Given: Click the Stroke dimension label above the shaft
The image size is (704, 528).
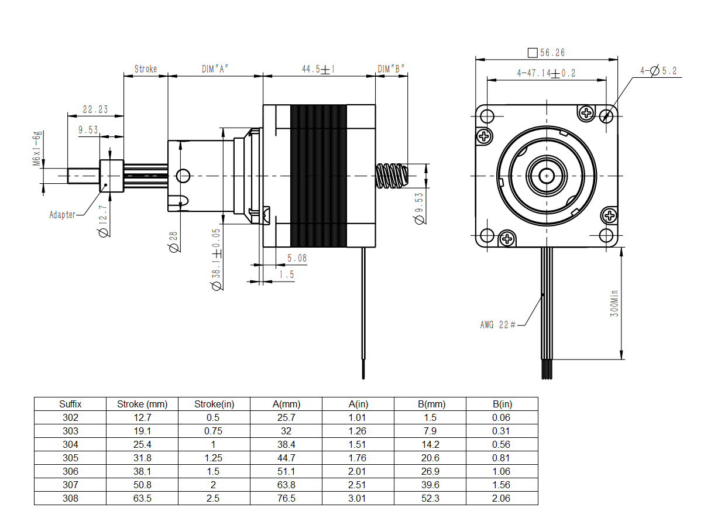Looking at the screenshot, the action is (145, 69).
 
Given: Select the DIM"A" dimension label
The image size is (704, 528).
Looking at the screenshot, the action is (215, 69).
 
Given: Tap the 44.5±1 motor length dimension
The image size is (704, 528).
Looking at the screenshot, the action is (318, 69).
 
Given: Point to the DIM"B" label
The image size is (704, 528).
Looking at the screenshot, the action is (391, 69).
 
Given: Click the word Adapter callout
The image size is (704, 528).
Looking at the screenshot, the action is (62, 215).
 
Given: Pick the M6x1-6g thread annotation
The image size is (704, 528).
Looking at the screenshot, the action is (37, 148).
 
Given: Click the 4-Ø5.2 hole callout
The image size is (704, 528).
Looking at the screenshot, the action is (658, 71).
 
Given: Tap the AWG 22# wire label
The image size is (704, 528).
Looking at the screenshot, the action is (497, 325).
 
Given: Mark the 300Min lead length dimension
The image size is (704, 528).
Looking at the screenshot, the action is (614, 303).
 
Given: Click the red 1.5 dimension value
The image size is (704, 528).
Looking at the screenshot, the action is (286, 275).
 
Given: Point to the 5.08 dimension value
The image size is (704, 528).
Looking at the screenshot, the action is (297, 258).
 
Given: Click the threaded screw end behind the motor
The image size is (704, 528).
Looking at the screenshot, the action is (392, 176).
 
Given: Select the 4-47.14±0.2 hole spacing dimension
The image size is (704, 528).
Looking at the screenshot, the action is (546, 73).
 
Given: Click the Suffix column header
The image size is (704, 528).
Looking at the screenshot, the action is (70, 404).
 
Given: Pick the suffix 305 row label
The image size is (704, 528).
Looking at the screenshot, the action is (70, 458).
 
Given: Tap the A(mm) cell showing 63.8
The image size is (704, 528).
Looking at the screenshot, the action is (286, 485).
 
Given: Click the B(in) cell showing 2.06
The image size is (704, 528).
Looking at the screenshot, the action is (501, 499).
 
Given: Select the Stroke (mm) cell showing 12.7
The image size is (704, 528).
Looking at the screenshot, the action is (142, 417).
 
